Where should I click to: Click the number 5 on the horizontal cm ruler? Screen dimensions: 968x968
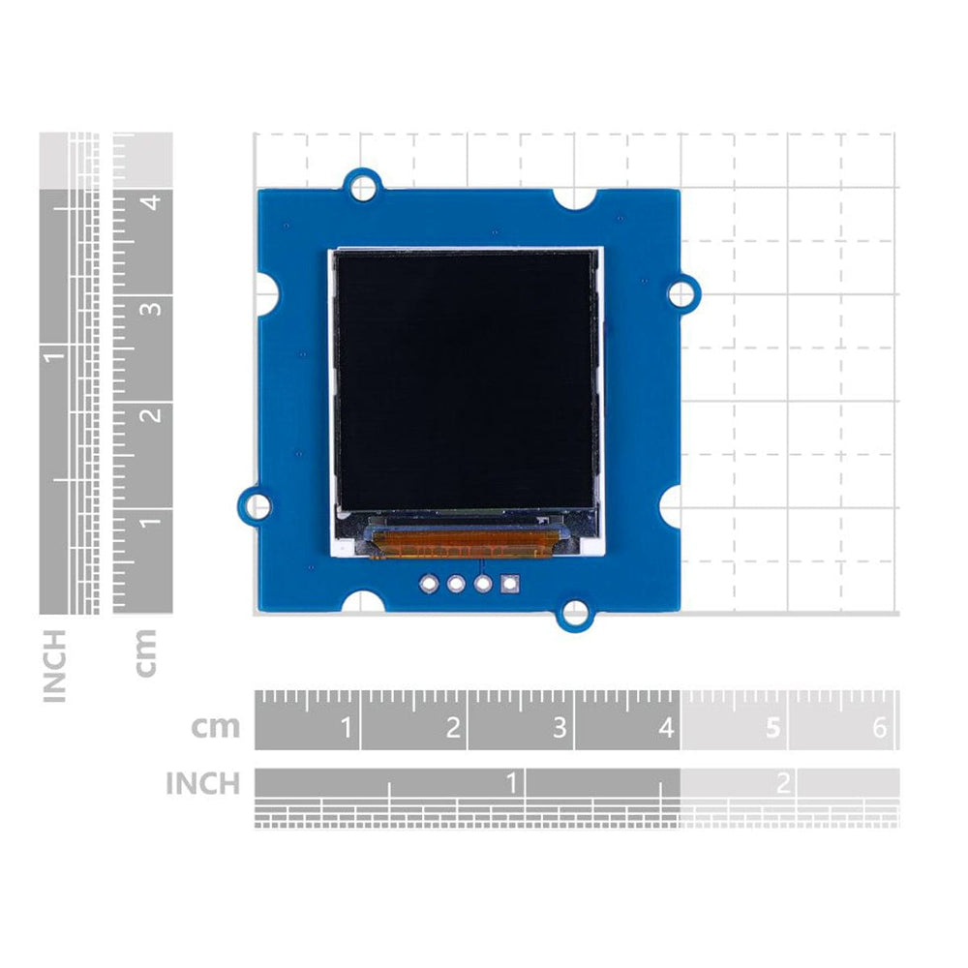(x=771, y=727)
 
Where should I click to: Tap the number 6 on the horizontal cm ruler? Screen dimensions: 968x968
(x=879, y=727)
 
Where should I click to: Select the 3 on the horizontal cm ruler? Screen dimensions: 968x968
(x=560, y=727)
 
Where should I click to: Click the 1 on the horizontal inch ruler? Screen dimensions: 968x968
(x=512, y=782)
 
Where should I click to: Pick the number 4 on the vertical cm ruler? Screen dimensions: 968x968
(x=150, y=202)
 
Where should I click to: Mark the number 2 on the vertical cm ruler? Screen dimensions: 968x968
(x=150, y=415)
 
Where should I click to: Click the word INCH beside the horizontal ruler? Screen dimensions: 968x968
(x=202, y=783)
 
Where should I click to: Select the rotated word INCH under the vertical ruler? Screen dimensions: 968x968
(x=55, y=665)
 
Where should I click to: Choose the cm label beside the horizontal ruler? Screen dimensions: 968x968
(x=215, y=727)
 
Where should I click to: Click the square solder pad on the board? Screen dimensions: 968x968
(x=509, y=584)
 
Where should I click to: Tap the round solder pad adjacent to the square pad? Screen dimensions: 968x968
(x=482, y=584)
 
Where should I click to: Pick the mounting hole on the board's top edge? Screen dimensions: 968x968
(x=363, y=183)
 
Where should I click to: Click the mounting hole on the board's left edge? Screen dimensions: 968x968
(x=256, y=505)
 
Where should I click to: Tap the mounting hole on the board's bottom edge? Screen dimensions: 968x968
(x=575, y=613)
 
